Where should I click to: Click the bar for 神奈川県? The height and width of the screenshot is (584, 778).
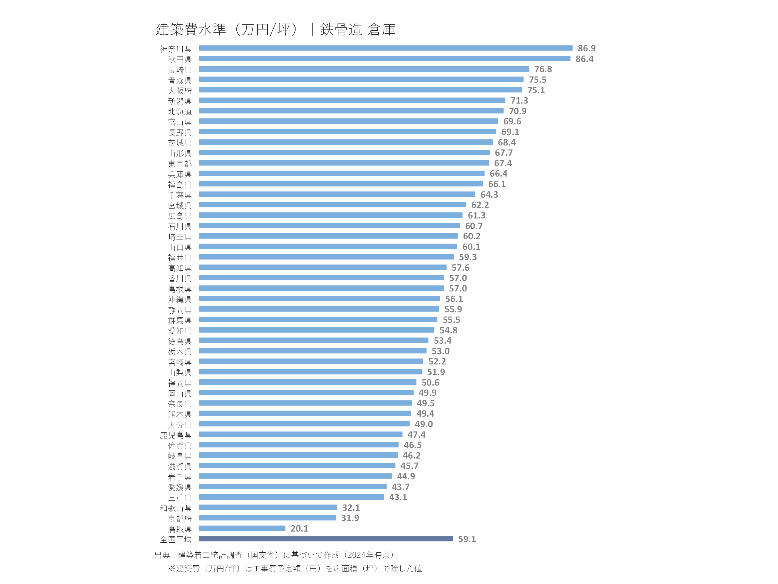pyautogui.click(x=385, y=48)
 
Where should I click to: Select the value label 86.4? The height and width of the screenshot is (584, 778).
pyautogui.click(x=584, y=59)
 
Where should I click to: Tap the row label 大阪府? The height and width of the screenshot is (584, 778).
pyautogui.click(x=180, y=91)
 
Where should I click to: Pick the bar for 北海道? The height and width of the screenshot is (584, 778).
pyautogui.click(x=351, y=111)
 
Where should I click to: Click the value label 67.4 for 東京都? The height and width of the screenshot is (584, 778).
pyautogui.click(x=503, y=163)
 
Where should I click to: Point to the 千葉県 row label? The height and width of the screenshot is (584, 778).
pyautogui.click(x=180, y=195)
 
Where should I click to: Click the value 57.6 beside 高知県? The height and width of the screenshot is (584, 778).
pyautogui.click(x=460, y=268)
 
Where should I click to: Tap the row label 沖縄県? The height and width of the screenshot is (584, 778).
pyautogui.click(x=180, y=300)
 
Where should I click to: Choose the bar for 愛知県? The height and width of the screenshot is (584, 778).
pyautogui.click(x=317, y=330)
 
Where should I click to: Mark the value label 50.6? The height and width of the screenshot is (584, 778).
pyautogui.click(x=430, y=383)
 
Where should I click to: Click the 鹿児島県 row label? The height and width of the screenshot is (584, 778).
pyautogui.click(x=176, y=436)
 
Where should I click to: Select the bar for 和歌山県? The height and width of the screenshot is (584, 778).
pyautogui.click(x=268, y=507)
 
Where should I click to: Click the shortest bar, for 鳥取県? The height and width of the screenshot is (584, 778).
pyautogui.click(x=242, y=528)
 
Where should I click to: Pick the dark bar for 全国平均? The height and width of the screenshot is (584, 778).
pyautogui.click(x=326, y=539)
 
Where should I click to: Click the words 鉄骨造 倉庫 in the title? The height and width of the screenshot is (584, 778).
pyautogui.click(x=357, y=29)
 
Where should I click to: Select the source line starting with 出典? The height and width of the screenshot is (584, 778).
pyautogui.click(x=274, y=555)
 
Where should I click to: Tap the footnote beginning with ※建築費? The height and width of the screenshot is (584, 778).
pyautogui.click(x=295, y=569)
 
